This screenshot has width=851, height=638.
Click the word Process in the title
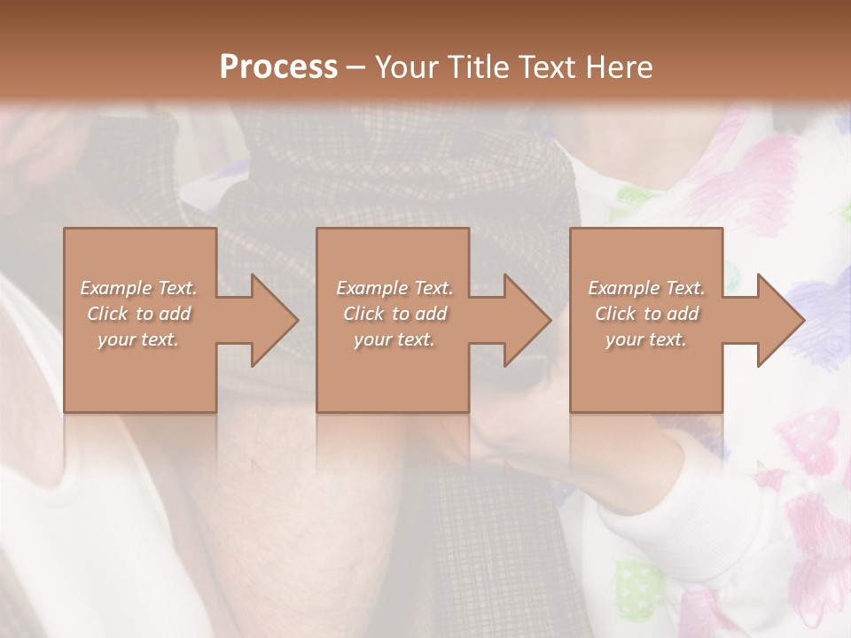tap(278, 67)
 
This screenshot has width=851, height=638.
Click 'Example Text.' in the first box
tap(139, 288)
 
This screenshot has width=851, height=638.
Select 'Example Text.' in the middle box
tap(394, 288)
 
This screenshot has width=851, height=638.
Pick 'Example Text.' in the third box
tap(646, 288)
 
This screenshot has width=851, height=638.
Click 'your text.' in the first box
tap(138, 339)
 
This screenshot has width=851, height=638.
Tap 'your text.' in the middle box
tap(394, 339)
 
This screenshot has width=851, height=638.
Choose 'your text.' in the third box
tap(645, 339)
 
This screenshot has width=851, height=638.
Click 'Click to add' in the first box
tap(139, 314)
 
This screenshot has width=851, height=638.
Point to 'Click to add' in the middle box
tap(394, 314)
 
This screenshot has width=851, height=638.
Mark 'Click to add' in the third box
tap(646, 314)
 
